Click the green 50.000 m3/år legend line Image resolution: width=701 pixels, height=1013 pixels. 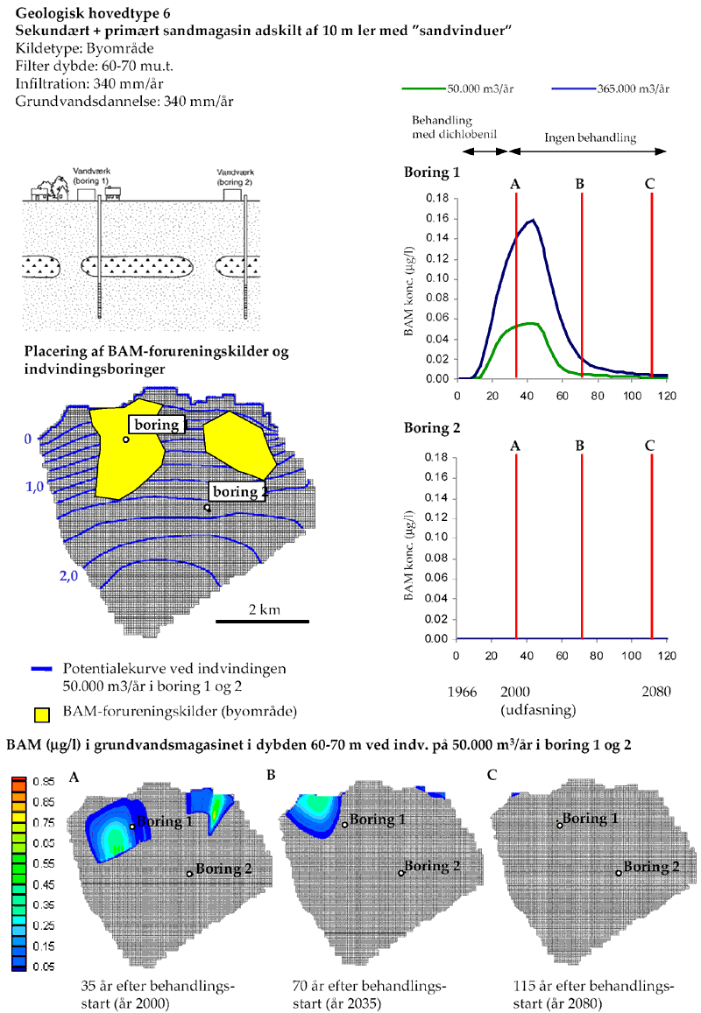423,89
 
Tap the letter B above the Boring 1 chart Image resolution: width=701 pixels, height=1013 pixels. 580,184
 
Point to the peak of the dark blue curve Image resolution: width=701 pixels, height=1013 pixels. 531,220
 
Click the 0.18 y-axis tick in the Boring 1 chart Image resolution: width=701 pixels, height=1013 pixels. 437,198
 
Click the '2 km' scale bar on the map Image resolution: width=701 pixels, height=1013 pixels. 263,621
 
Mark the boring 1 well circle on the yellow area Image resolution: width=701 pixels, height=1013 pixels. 126,439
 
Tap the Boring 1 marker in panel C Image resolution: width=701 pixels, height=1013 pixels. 560,825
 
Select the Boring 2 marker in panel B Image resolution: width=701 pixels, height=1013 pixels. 401,873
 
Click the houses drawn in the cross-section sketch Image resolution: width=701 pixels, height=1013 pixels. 47,187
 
